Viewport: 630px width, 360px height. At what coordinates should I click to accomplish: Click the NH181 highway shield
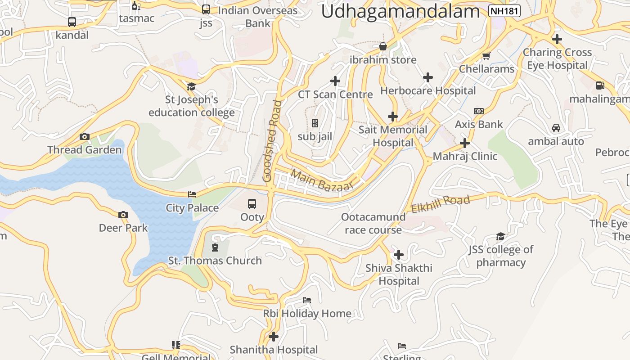(x=504, y=11)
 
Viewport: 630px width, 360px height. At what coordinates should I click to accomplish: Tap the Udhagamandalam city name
(x=400, y=12)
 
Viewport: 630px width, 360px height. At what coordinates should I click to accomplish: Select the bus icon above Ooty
(x=252, y=204)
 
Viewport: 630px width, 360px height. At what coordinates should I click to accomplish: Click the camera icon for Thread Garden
(x=85, y=136)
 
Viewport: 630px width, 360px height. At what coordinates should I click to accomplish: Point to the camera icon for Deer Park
(x=123, y=215)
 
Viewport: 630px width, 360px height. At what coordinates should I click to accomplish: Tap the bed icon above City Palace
(x=192, y=194)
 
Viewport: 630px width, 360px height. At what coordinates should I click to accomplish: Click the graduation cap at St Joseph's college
(x=192, y=86)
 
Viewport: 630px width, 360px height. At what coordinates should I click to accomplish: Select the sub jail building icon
(x=315, y=123)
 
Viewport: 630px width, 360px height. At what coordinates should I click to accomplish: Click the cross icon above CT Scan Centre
(x=335, y=81)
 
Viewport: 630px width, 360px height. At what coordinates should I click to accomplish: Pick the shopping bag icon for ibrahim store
(x=383, y=46)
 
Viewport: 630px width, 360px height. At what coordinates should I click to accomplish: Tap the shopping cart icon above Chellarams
(x=486, y=56)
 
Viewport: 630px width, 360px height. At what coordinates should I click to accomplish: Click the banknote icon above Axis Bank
(x=479, y=111)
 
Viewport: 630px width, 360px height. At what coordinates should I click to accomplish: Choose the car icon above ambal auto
(x=556, y=128)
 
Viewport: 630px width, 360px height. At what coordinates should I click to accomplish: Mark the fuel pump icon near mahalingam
(x=600, y=85)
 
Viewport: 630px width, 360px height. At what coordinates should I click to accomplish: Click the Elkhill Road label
(x=441, y=203)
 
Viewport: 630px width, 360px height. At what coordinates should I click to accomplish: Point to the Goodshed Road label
(x=273, y=140)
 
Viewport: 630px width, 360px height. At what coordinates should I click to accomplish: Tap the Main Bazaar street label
(x=322, y=180)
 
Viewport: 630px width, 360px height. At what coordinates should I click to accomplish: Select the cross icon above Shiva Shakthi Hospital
(x=399, y=255)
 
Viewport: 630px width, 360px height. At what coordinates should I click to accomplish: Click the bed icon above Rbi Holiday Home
(x=307, y=300)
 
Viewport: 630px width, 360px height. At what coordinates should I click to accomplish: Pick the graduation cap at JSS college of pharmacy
(x=500, y=237)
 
